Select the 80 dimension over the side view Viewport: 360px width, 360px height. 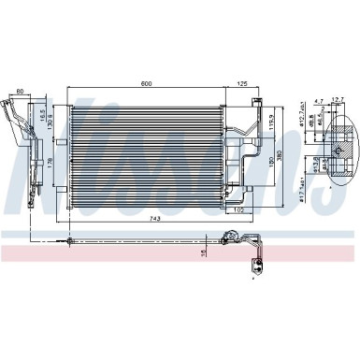20,93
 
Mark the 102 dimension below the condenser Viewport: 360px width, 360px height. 239,183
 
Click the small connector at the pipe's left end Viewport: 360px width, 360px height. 67,217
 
